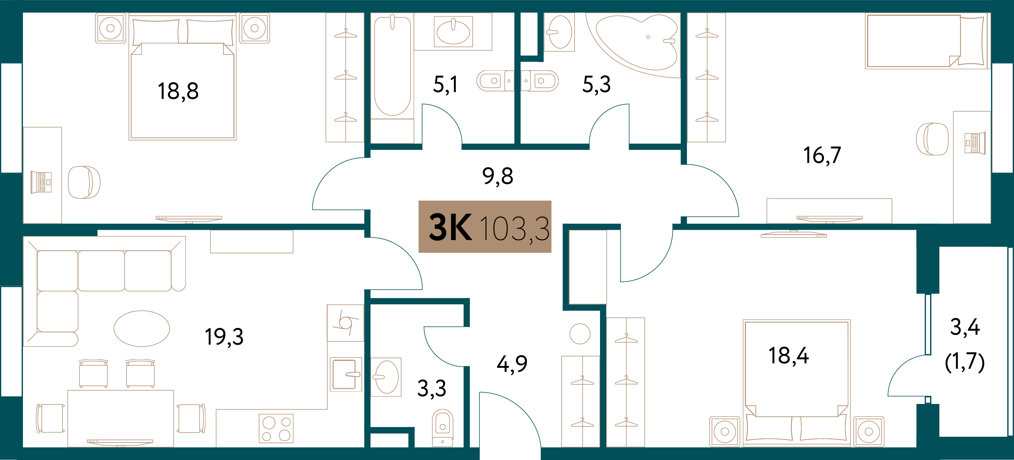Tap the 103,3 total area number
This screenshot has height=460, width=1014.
click(515, 228)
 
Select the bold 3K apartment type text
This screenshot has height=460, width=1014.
click(450, 228)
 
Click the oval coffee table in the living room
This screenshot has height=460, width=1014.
click(142, 328)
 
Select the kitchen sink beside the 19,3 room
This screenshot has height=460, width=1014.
click(345, 374)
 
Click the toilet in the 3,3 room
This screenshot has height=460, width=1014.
click(443, 428)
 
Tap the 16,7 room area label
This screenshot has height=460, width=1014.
click(822, 155)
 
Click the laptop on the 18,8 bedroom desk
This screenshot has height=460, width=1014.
click(41, 182)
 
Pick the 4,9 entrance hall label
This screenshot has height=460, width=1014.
click(512, 364)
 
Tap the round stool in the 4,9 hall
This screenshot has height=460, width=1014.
click(580, 334)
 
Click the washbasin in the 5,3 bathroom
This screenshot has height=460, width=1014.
click(559, 32)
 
